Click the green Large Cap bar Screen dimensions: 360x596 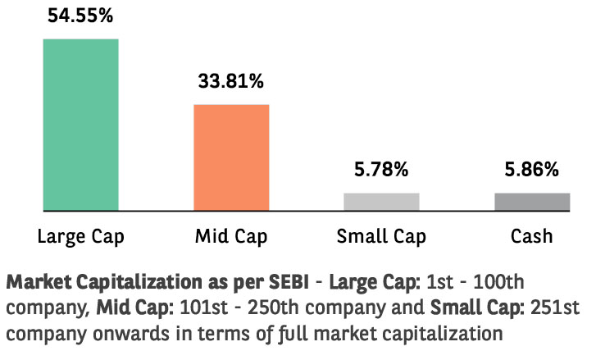point(80,125)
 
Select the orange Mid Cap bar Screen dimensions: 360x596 point(231,157)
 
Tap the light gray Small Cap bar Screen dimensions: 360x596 point(381,202)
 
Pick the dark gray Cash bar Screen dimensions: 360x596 point(532,202)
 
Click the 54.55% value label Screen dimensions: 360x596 point(80,16)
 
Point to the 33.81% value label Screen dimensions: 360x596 point(231,81)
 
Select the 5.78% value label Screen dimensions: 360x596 point(381,170)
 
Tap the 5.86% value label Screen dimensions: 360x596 point(532,170)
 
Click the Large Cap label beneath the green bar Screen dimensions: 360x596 point(80,238)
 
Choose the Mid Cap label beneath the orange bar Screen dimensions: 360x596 point(230,238)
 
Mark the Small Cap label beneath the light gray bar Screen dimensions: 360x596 point(381,238)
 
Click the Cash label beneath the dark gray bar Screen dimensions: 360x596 point(531,237)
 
